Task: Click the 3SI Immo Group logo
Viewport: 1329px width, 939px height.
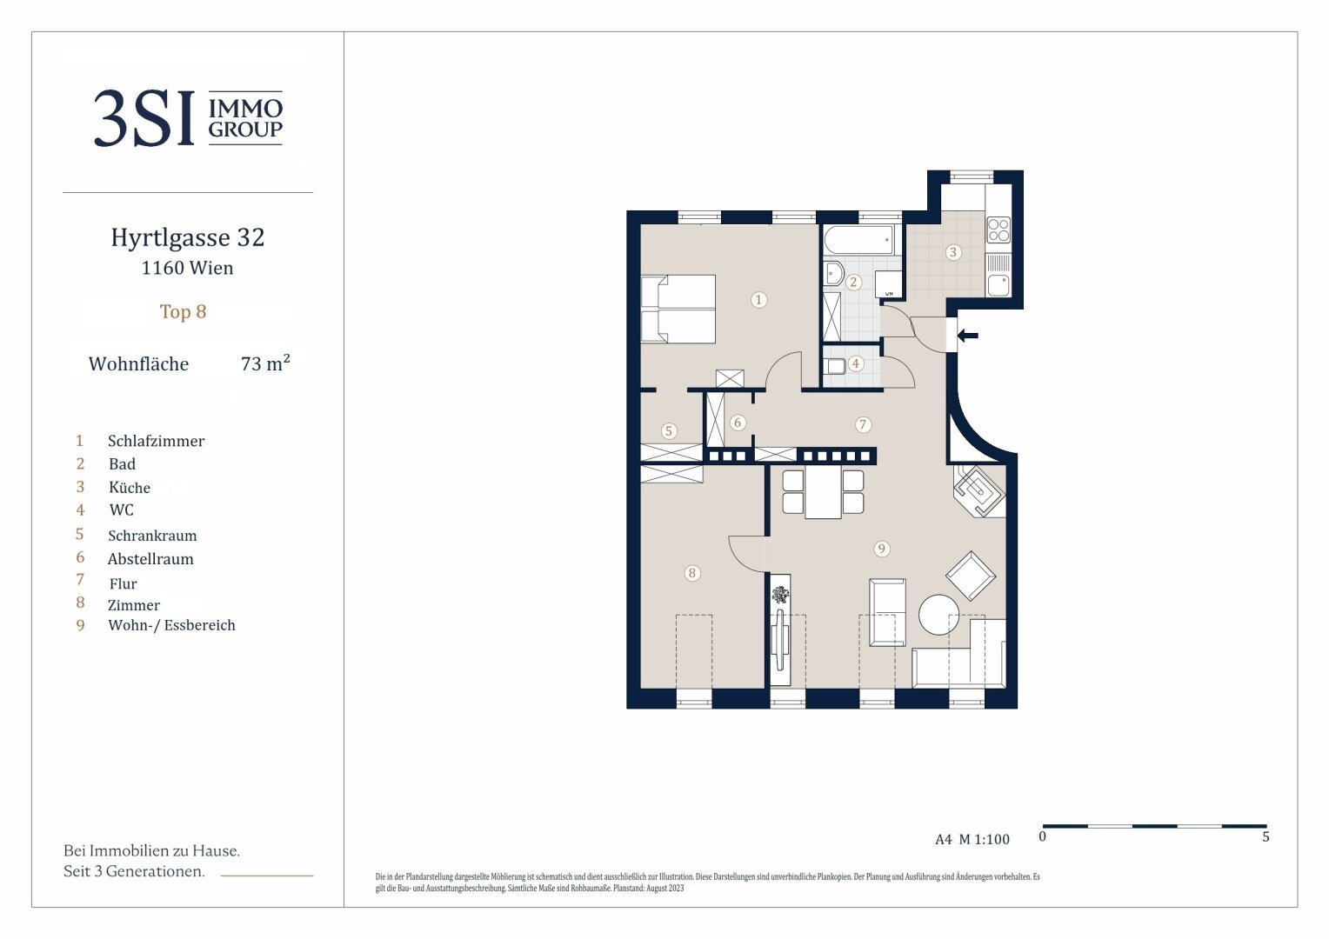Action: point(188,118)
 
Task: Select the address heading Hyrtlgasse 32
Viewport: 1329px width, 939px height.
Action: point(188,237)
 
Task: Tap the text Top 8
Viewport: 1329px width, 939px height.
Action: point(183,311)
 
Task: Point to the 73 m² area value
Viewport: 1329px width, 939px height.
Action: point(265,363)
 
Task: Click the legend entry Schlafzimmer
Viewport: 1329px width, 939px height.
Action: point(156,441)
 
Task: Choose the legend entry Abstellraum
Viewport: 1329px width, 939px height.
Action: point(150,559)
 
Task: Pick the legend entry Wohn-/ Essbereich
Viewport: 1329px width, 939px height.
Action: point(171,625)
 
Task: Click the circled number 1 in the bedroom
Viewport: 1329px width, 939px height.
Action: point(758,300)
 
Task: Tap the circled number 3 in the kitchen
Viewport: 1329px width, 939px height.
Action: point(953,252)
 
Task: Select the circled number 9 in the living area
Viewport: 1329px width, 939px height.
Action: point(881,549)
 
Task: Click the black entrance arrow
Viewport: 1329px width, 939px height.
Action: point(968,336)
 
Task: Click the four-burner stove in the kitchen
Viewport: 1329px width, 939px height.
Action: point(998,230)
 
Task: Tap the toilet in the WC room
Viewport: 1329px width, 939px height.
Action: point(835,366)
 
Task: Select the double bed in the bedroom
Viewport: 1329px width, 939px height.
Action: point(678,309)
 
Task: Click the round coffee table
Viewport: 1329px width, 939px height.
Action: point(938,615)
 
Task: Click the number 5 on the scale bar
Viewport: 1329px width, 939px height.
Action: point(1266,837)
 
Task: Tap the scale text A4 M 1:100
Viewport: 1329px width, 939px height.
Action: point(972,839)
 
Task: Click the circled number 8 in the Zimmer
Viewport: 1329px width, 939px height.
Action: point(691,573)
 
